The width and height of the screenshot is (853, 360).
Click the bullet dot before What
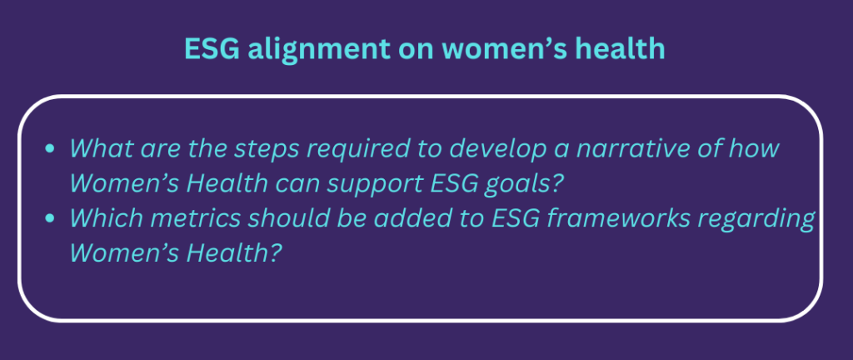pyautogui.click(x=50, y=149)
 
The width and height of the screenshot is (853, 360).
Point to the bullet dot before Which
pyautogui.click(x=50, y=218)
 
